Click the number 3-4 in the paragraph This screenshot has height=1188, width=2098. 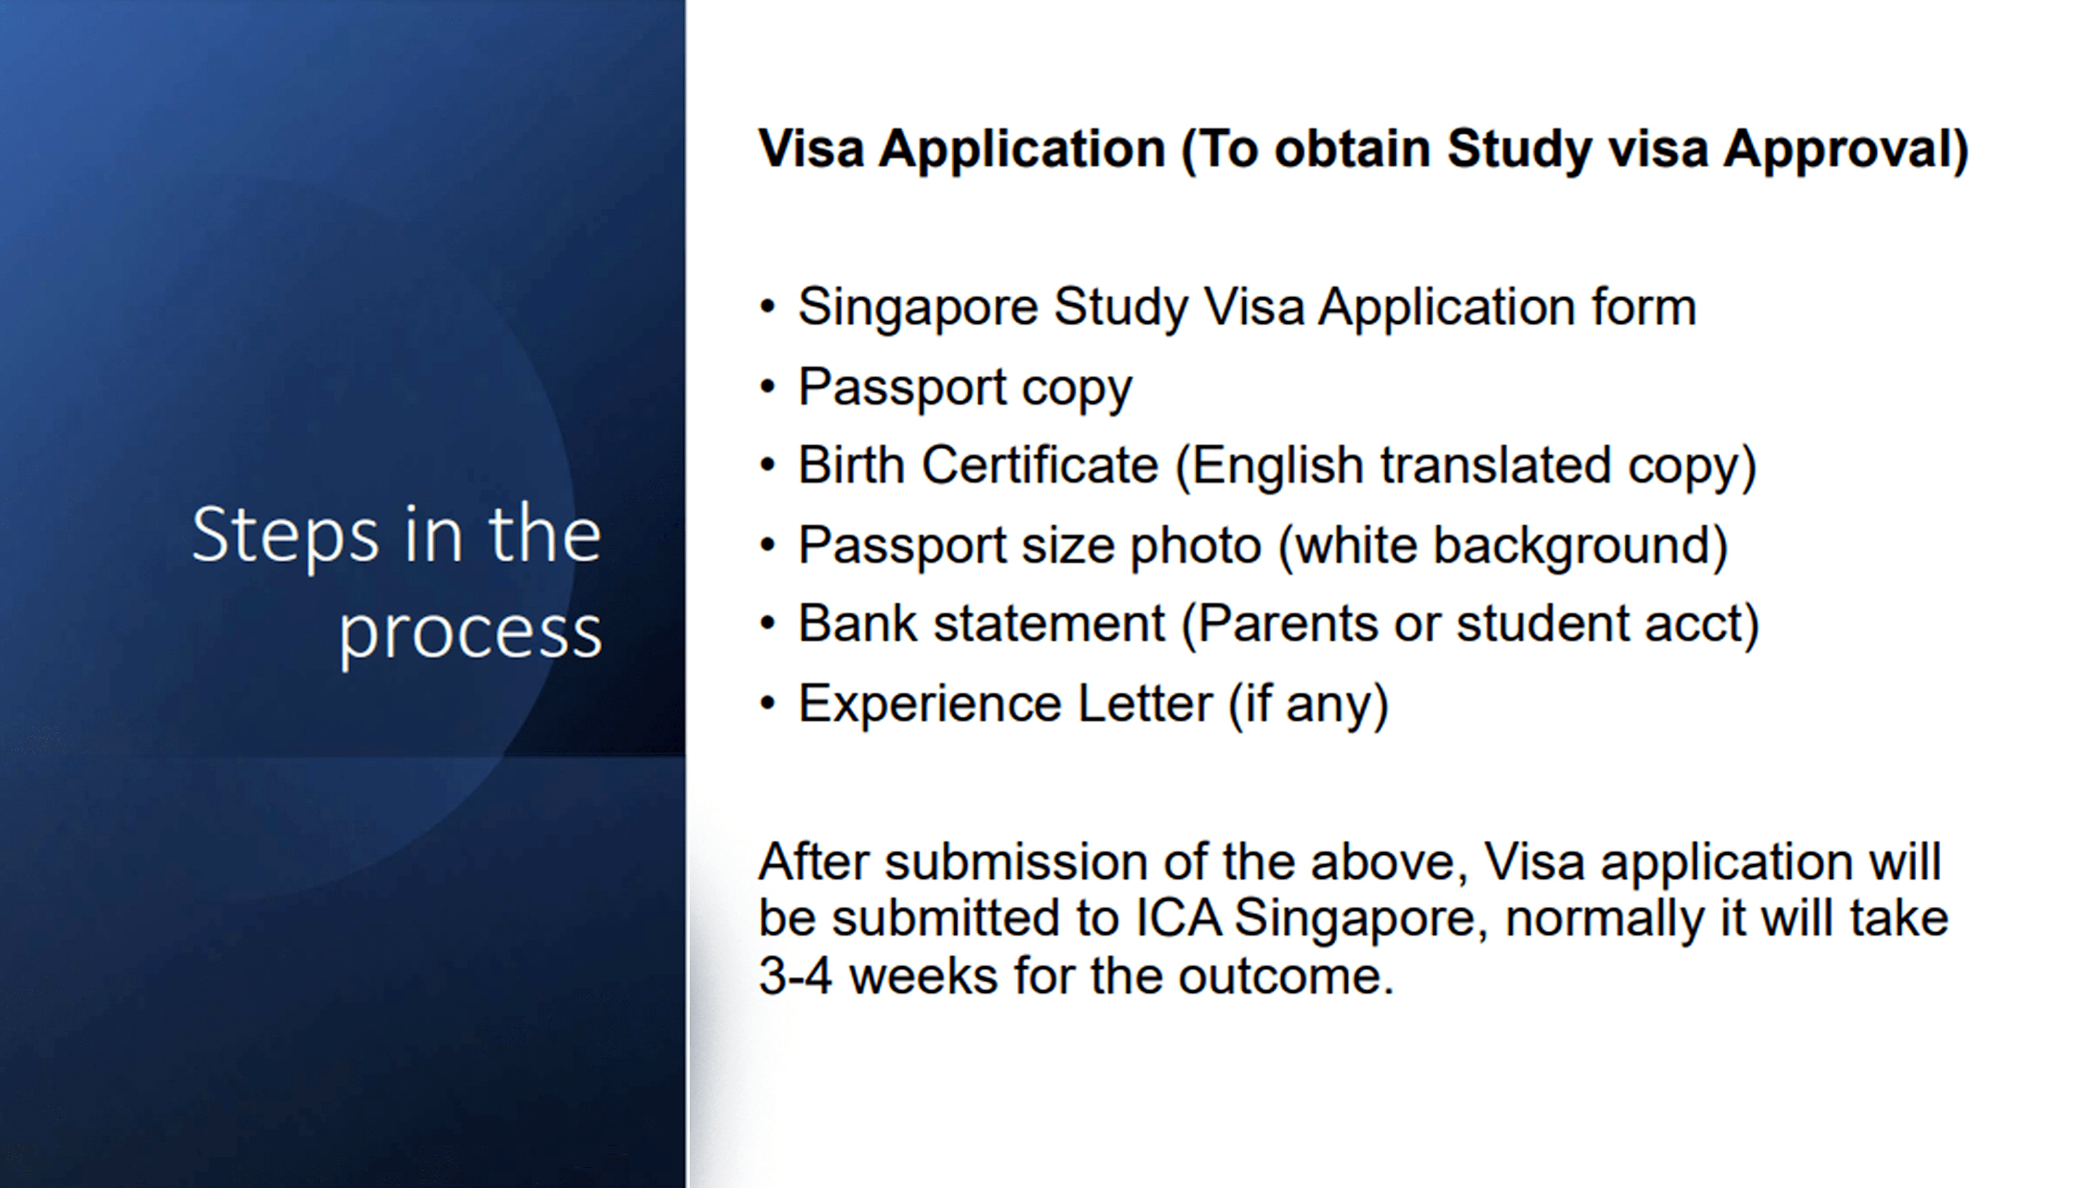point(796,976)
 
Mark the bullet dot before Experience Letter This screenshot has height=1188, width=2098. point(767,703)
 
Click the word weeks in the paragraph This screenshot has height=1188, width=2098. point(923,976)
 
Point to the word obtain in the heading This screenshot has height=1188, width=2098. point(1352,149)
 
